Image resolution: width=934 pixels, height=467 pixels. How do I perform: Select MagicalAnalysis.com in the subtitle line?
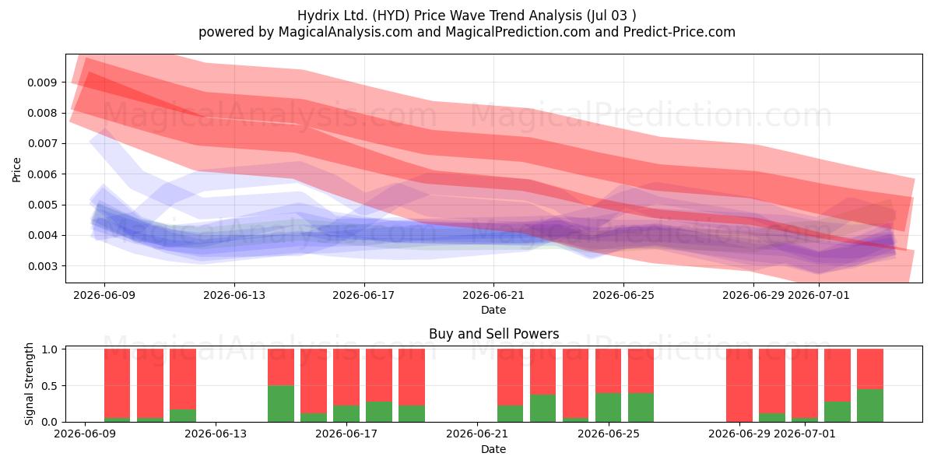click(346, 32)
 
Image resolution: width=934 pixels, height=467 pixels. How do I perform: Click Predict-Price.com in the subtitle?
click(679, 32)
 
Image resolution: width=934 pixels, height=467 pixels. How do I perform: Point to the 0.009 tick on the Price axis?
click(42, 83)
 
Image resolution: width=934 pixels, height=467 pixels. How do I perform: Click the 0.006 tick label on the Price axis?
click(42, 174)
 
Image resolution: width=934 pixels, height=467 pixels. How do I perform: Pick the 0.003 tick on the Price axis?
click(42, 266)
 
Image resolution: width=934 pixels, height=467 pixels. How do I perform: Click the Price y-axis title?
click(16, 170)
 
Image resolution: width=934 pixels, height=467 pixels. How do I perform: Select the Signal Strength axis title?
click(29, 384)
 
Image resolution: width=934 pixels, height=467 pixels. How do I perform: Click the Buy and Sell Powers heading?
click(493, 334)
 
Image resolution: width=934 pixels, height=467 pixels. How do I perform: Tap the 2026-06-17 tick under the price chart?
click(363, 295)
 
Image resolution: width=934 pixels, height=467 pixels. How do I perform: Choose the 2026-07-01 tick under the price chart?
click(819, 295)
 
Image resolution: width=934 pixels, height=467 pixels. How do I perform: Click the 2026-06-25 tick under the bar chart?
click(609, 434)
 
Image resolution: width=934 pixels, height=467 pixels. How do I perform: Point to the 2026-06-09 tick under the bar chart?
click(85, 434)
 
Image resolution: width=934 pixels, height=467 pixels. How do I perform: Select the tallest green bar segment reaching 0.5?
click(281, 404)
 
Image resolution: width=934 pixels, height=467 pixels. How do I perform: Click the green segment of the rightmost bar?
click(870, 406)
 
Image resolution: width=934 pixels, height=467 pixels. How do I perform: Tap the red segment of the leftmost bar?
click(117, 383)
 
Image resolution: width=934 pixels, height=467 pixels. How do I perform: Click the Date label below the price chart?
click(493, 310)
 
